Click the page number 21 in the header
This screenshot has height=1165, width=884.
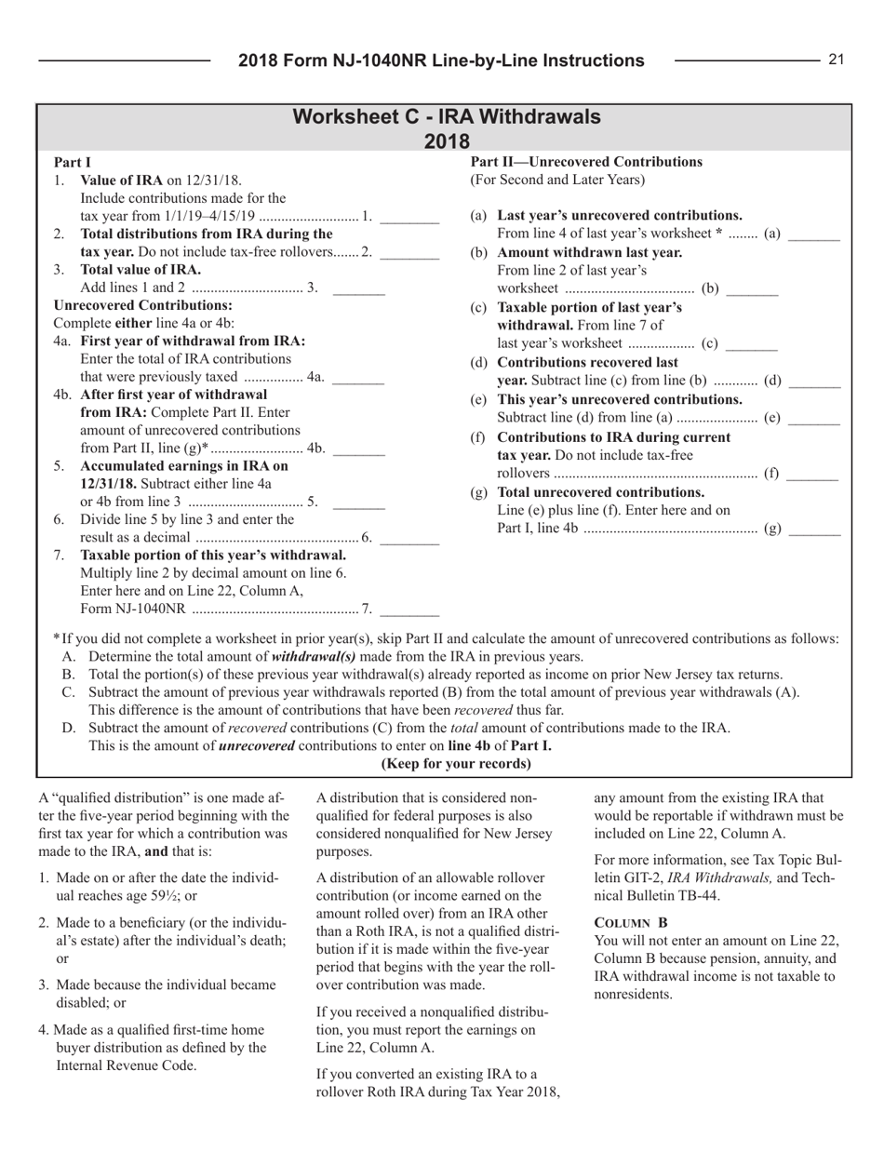(835, 60)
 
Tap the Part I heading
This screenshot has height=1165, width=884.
(71, 161)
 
